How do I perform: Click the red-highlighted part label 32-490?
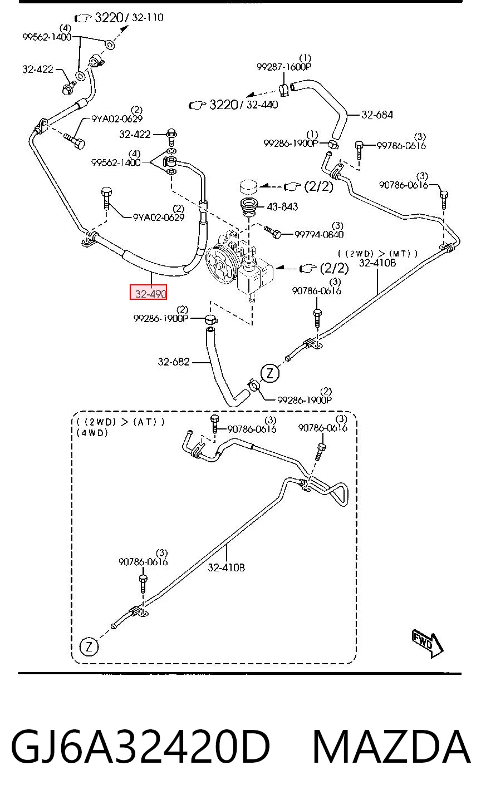[x=149, y=292]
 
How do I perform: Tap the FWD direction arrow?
[x=428, y=644]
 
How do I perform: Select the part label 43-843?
[x=282, y=207]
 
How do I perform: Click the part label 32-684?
[x=377, y=115]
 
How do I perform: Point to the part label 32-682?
[x=173, y=362]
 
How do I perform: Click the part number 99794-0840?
[x=319, y=235]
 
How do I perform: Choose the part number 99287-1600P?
[x=284, y=67]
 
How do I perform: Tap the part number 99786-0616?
[x=401, y=146]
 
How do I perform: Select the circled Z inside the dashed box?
[x=89, y=646]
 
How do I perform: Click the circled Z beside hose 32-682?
[x=270, y=373]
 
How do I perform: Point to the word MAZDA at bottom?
[x=391, y=747]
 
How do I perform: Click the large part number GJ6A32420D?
[x=140, y=747]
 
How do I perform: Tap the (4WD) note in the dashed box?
[x=92, y=433]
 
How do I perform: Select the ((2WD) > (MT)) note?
[x=378, y=254]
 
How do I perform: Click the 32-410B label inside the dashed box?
[x=226, y=567]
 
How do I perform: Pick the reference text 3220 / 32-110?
[x=129, y=17]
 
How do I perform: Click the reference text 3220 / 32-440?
[x=244, y=105]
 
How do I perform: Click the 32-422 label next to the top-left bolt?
[x=38, y=70]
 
